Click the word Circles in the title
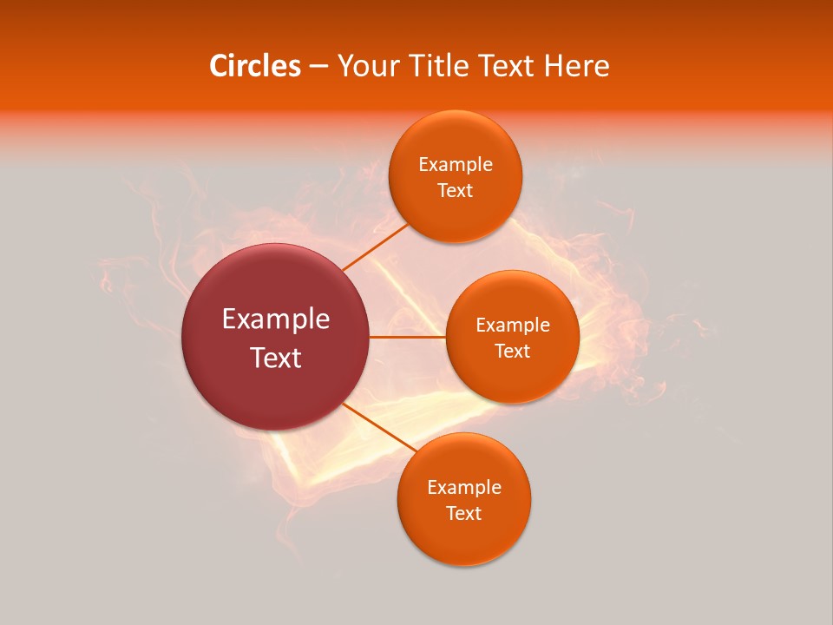[x=254, y=66]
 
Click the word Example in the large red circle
[x=276, y=319]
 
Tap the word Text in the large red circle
[x=276, y=358]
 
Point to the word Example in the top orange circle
[x=455, y=165]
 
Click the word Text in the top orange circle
[x=455, y=191]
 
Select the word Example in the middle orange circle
[x=512, y=326]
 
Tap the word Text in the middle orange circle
[x=512, y=352]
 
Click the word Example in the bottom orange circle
[x=463, y=488]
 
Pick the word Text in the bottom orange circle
[x=463, y=514]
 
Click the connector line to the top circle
[x=375, y=247]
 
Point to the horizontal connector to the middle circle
[x=407, y=337]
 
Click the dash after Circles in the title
[x=318, y=67]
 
